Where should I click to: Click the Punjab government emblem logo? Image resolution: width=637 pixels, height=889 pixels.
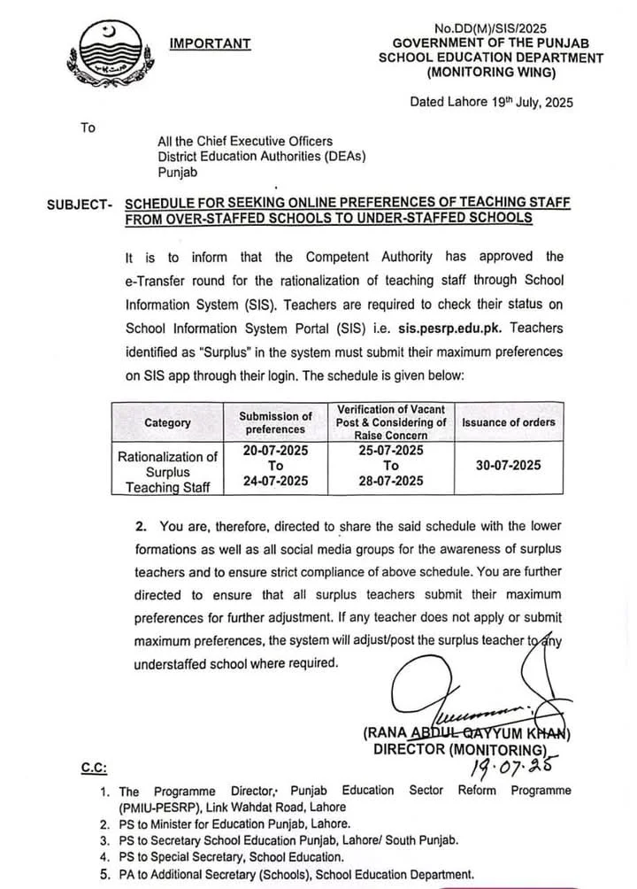(105, 55)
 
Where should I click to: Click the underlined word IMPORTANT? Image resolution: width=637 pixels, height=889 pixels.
(211, 43)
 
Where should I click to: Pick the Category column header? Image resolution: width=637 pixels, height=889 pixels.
(167, 422)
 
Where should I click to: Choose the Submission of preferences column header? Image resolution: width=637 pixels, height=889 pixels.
(275, 422)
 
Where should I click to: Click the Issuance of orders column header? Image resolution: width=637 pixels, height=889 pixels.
(508, 422)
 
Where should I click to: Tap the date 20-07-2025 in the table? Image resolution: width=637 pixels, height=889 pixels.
(275, 451)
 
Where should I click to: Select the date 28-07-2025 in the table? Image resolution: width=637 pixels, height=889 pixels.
(391, 481)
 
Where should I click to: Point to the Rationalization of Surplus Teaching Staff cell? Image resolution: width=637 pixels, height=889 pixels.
(167, 472)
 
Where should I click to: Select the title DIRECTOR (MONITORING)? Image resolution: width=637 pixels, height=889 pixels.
(457, 749)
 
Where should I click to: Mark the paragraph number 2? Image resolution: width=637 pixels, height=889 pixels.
(142, 526)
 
